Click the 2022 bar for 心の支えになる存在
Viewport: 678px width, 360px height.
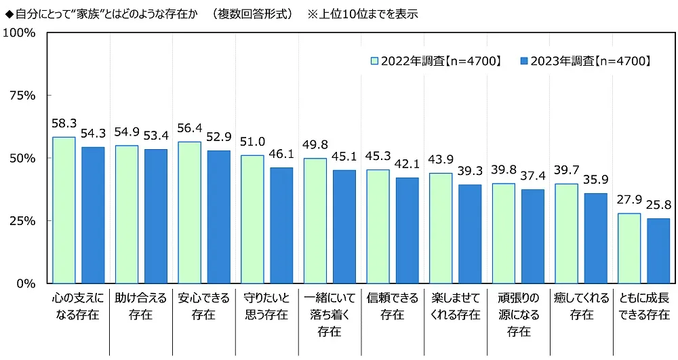click(64, 209)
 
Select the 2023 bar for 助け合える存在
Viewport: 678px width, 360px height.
click(156, 216)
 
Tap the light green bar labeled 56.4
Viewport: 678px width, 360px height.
click(189, 212)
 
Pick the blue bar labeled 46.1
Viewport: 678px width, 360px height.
click(281, 225)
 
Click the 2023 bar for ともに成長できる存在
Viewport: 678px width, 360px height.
click(658, 250)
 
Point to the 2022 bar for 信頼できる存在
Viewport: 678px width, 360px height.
click(378, 226)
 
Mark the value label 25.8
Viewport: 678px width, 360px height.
click(658, 207)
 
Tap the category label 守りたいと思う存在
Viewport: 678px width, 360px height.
click(266, 306)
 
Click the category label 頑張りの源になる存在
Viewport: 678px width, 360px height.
click(519, 315)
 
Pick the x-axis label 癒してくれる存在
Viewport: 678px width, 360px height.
click(582, 306)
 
